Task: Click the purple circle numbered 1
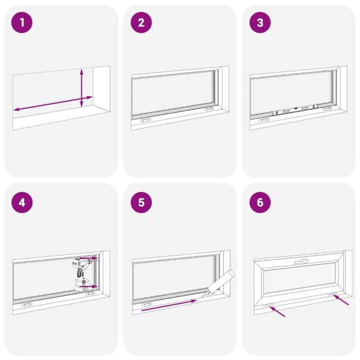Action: pos(22,23)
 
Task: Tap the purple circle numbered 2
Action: pos(141,23)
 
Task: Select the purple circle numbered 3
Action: pos(260,23)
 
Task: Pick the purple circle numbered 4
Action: pos(22,203)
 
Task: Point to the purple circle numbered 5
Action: pos(141,203)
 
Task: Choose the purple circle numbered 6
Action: pos(260,203)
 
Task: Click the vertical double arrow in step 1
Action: pos(82,88)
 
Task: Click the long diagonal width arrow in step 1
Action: pos(53,104)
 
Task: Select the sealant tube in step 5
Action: pos(219,283)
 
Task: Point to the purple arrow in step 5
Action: pos(169,305)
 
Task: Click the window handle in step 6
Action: pos(301,261)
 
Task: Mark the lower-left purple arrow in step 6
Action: pos(277,311)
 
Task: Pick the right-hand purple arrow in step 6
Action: pos(341,300)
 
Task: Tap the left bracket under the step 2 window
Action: pos(146,121)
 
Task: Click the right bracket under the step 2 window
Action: pos(209,109)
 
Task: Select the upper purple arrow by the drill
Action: pos(88,258)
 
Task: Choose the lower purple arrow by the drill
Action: pos(88,287)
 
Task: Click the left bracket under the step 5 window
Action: pos(146,305)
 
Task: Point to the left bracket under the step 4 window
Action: pos(26,305)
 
